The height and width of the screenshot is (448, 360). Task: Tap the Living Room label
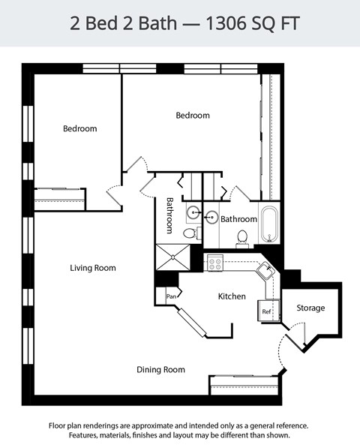coord(93,268)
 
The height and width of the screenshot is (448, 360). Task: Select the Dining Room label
coord(160,369)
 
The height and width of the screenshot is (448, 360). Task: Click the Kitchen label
coord(232,296)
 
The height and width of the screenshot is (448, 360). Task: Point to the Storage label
coord(310,308)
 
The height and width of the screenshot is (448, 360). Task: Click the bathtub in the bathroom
coord(269,224)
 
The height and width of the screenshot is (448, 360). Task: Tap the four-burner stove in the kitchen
coord(215,263)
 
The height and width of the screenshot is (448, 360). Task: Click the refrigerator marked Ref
coord(266,309)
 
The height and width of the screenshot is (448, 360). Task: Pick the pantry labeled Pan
coord(170,296)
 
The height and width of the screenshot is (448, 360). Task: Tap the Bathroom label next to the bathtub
coord(238,219)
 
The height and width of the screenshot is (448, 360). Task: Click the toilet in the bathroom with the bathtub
coord(242,238)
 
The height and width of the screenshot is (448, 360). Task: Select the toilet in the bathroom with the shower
coord(190,233)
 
